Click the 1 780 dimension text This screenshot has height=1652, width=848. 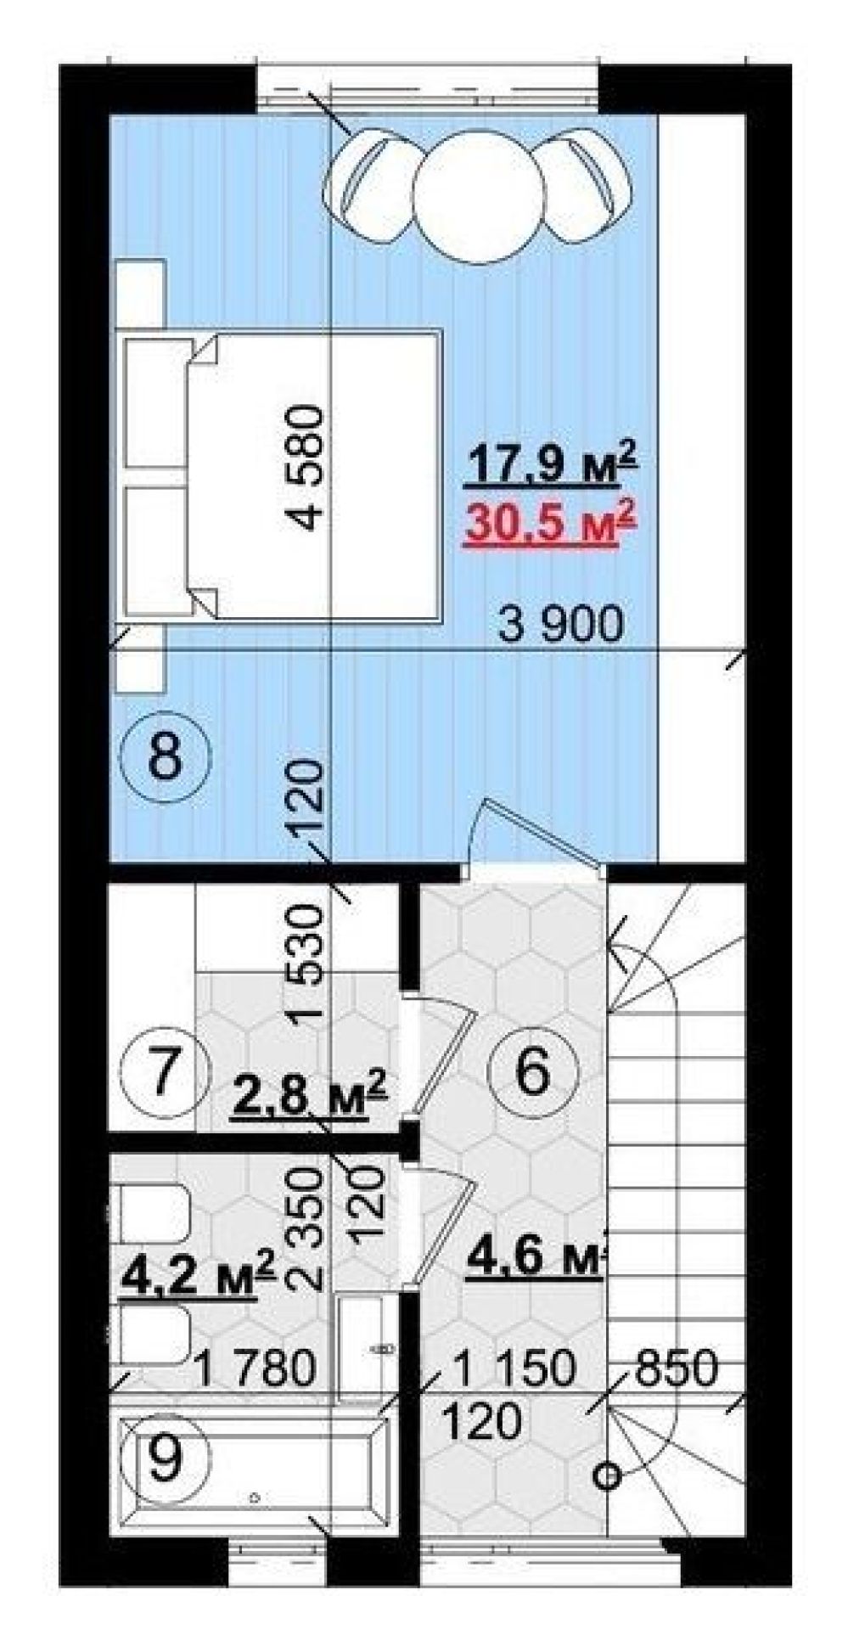[255, 1368]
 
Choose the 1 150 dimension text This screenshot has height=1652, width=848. [514, 1368]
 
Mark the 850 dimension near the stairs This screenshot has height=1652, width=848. [676, 1368]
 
